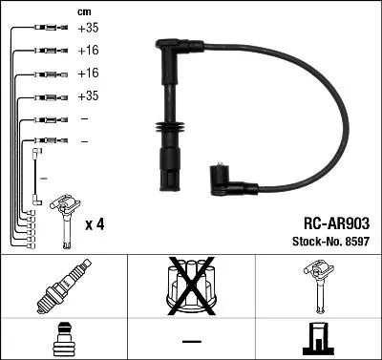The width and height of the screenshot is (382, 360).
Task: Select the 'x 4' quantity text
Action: pos(95,224)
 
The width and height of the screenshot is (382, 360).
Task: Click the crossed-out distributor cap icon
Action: pos(191,286)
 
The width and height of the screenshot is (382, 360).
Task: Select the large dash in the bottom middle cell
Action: pos(191,341)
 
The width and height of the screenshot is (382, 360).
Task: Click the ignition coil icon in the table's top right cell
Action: pos(318,286)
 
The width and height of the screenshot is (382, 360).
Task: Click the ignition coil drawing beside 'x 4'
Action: pos(64,215)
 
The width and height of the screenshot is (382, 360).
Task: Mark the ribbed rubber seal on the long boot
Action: pos(167,131)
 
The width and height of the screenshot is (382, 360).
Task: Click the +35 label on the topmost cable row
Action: pos(89,29)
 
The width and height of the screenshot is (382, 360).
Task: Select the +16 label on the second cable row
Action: pos(89,52)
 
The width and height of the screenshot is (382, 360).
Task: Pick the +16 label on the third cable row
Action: pos(89,74)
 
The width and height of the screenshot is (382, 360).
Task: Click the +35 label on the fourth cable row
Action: pos(89,96)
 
